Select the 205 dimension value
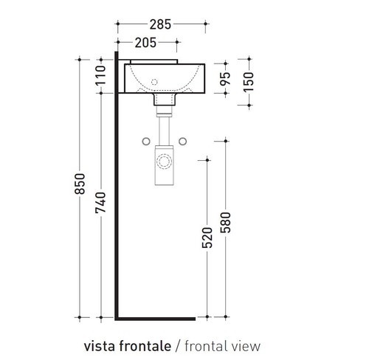[150, 42]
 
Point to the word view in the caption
[244, 345]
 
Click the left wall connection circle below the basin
[146, 140]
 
